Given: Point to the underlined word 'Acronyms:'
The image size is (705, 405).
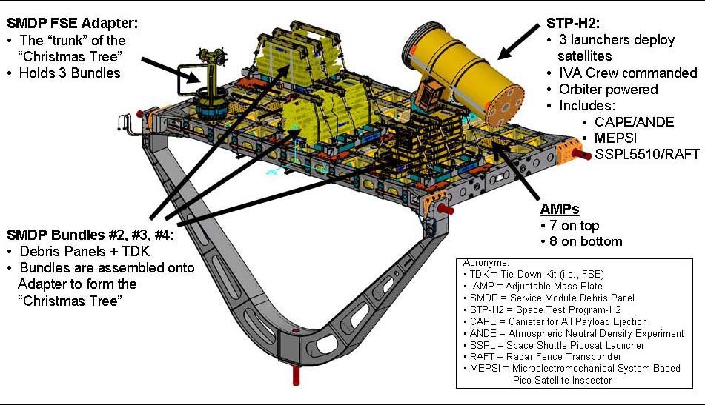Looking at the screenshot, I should pos(486,264).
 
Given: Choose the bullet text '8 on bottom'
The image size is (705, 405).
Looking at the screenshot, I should pos(582,241).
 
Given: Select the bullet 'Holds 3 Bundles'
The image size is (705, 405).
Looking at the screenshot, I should pos(68,73).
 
